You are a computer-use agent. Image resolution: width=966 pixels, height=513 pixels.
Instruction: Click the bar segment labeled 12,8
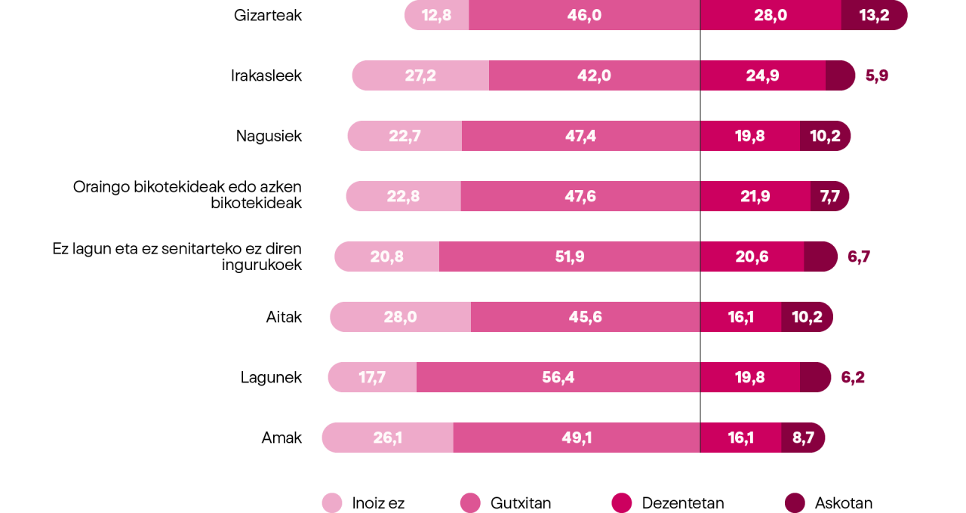click(x=437, y=15)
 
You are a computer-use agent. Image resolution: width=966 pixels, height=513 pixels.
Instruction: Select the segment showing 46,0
click(x=584, y=15)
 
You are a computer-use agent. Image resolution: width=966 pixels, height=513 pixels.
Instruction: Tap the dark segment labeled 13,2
click(x=874, y=15)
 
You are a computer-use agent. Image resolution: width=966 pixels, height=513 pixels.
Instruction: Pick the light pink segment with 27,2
click(x=420, y=75)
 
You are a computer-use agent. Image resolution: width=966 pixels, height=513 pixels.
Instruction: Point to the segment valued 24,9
click(x=762, y=75)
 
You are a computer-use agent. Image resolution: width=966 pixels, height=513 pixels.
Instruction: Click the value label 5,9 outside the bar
click(x=877, y=75)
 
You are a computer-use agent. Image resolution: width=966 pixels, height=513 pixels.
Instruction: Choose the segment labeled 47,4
click(x=580, y=136)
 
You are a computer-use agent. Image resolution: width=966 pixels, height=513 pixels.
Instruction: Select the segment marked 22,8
click(x=403, y=196)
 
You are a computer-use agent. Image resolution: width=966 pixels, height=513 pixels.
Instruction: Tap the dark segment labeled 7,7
click(x=829, y=196)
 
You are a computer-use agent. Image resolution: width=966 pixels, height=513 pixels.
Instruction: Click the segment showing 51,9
click(x=569, y=256)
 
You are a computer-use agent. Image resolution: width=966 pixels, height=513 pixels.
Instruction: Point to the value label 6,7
click(x=859, y=256)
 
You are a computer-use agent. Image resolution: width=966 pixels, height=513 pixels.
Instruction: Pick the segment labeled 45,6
click(x=585, y=317)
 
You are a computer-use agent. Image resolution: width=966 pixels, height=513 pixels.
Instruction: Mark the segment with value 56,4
click(x=558, y=377)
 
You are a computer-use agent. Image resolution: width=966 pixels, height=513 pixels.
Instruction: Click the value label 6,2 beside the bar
click(x=853, y=377)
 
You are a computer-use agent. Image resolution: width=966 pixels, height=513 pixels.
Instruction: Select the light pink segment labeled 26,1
click(x=387, y=438)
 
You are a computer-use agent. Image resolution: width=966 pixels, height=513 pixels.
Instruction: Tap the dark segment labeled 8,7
click(x=803, y=438)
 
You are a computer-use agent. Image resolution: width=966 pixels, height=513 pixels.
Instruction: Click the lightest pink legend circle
click(x=332, y=502)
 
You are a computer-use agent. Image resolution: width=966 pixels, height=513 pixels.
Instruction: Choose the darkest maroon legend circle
click(x=795, y=502)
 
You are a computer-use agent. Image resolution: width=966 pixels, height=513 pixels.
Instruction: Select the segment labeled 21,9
click(x=755, y=196)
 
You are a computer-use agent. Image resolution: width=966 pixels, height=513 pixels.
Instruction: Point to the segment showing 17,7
click(x=372, y=377)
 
